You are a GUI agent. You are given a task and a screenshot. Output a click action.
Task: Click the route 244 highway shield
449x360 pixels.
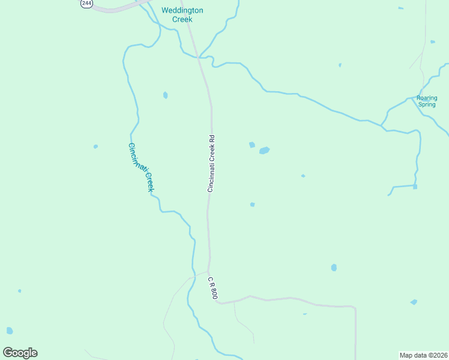click(87, 3)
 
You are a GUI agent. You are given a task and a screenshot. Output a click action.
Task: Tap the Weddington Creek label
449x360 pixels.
click(182, 15)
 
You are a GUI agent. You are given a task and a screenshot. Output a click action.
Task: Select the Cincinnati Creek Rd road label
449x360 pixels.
click(211, 164)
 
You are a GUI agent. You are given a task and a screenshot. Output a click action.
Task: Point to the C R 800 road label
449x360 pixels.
click(212, 288)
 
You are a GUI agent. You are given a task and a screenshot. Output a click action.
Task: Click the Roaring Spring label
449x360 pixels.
click(427, 101)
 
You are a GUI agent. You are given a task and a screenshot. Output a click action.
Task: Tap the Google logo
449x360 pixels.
click(20, 353)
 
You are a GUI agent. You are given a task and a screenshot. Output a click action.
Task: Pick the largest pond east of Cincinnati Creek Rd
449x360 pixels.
click(264, 151)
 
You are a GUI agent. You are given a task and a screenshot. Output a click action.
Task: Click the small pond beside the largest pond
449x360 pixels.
click(252, 145)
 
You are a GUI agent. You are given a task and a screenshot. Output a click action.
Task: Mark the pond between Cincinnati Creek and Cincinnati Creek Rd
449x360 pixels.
click(165, 95)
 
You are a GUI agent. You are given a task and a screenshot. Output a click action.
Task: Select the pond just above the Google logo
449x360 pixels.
click(10, 331)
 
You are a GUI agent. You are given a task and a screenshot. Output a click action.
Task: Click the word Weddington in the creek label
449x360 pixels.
click(182, 11)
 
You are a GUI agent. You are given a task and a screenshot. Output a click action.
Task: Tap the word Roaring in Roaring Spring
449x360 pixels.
click(427, 98)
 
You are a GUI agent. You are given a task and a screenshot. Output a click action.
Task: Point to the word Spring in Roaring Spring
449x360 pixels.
click(427, 104)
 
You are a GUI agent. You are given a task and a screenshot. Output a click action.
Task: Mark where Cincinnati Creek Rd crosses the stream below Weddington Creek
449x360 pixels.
click(198, 57)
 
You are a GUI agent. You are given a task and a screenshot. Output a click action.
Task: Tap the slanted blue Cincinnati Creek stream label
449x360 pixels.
click(142, 167)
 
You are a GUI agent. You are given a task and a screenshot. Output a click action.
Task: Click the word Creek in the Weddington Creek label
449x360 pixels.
click(182, 19)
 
